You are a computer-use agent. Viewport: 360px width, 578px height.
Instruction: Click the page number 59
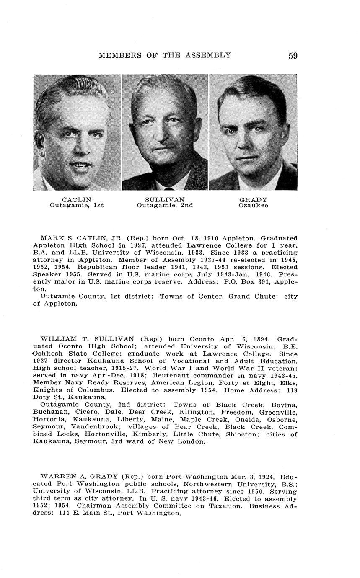293,55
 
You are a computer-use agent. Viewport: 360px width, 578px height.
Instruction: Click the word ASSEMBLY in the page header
210,55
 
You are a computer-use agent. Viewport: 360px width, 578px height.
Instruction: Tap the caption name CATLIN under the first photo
76,200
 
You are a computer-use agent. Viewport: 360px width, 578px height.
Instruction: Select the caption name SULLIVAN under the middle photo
165,200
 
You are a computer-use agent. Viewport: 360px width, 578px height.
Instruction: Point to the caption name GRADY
253,200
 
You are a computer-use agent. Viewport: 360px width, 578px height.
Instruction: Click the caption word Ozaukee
253,206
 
